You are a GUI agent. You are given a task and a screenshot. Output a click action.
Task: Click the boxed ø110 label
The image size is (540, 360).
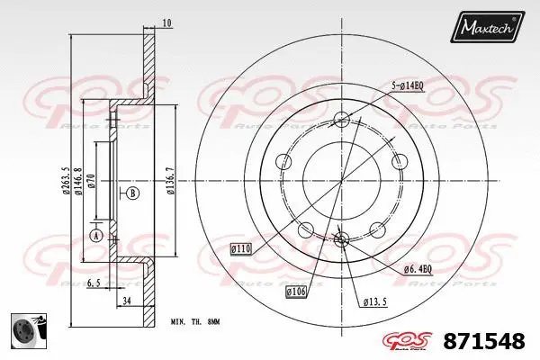pyautogui.click(x=241, y=247)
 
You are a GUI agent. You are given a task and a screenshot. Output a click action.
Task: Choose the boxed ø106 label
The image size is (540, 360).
pyautogui.click(x=298, y=291)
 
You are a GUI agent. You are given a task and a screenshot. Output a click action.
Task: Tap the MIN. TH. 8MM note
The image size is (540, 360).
pyautogui.click(x=195, y=321)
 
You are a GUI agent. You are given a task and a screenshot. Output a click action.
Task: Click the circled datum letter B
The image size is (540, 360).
pyautogui.click(x=133, y=193)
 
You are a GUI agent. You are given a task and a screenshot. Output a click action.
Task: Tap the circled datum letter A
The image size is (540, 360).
pyautogui.click(x=97, y=236)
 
